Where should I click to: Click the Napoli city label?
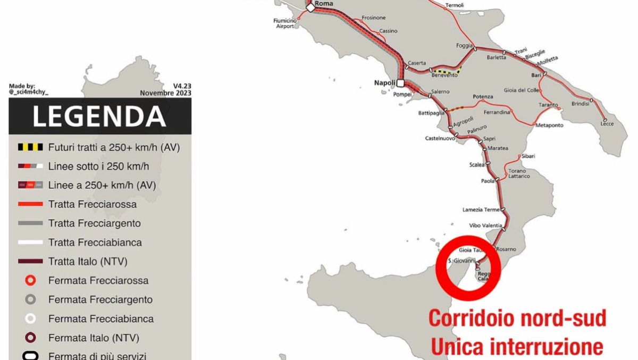click(384, 83)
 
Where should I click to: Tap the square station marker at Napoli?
click(400, 83)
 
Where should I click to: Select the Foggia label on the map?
click(464, 46)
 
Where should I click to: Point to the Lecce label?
click(607, 124)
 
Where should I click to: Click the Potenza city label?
click(483, 97)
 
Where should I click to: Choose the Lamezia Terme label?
click(481, 210)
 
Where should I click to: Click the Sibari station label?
click(528, 156)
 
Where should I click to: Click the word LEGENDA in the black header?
click(99, 116)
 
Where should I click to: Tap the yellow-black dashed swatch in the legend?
click(30, 147)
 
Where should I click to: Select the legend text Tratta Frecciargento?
click(94, 223)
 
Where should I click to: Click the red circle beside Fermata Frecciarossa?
click(30, 280)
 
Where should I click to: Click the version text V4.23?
click(182, 86)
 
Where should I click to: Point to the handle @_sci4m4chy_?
click(29, 93)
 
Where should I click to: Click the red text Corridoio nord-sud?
click(517, 319)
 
